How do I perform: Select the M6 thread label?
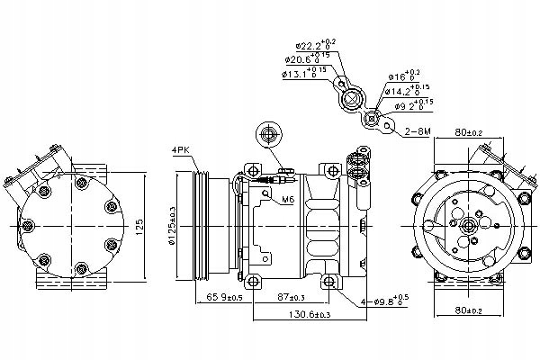click(x=288, y=199)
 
